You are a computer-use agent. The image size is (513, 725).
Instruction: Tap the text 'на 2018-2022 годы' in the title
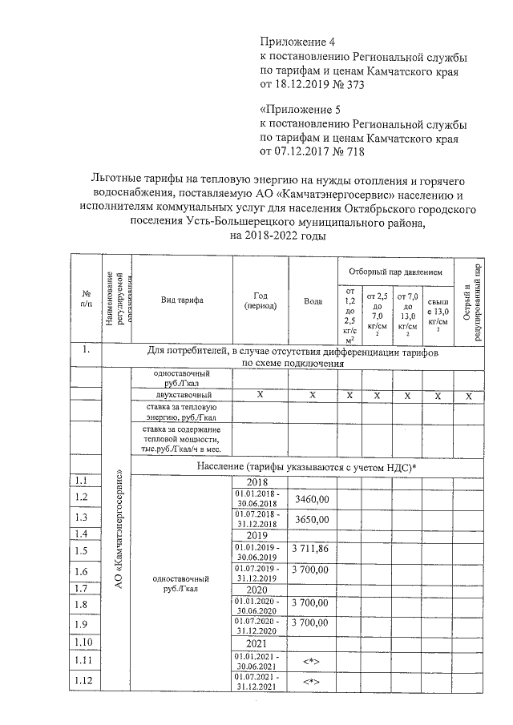click(x=278, y=236)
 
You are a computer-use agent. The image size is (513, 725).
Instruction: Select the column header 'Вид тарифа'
click(x=182, y=300)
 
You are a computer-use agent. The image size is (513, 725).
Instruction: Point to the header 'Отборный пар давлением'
click(x=394, y=271)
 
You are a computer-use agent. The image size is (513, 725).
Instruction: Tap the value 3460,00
click(x=312, y=499)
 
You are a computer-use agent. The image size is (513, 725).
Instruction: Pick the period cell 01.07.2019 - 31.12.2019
click(x=256, y=572)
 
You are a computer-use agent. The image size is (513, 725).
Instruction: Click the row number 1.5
click(x=80, y=551)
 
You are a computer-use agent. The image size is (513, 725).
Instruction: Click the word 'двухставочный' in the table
click(x=184, y=396)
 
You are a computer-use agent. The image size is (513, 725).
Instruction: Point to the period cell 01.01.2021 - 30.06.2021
click(x=256, y=659)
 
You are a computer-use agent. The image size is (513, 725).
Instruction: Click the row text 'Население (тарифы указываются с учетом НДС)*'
click(x=308, y=465)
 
